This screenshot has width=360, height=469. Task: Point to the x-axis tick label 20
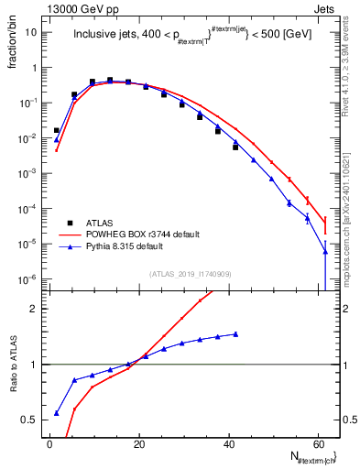(x=138, y=444)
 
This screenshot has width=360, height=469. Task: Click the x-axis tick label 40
(x=228, y=444)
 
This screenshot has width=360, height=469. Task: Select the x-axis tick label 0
(x=49, y=444)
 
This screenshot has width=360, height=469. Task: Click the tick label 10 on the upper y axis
(x=32, y=32)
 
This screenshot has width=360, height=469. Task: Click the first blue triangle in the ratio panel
(x=57, y=412)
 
